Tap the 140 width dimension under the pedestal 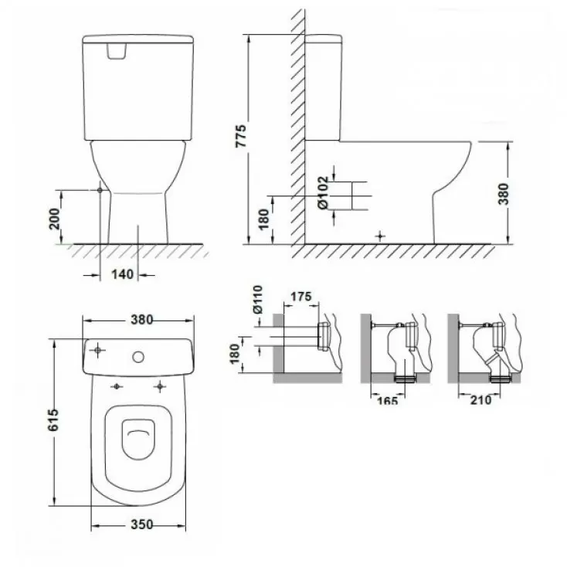pos(121,273)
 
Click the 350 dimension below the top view pos(141,524)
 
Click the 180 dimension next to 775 pos(263,219)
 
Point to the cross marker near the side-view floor pos(379,234)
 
